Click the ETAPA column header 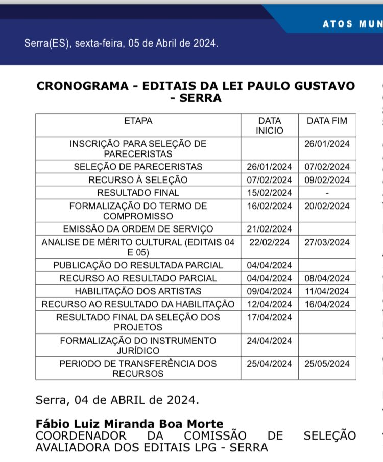click(x=138, y=121)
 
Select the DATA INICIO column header click(x=269, y=125)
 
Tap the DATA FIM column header click(x=327, y=121)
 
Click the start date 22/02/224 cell click(x=269, y=242)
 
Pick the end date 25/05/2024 click(x=327, y=364)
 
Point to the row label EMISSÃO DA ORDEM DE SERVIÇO click(x=138, y=229)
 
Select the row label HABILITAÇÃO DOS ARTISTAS click(x=138, y=291)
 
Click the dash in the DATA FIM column click(x=327, y=193)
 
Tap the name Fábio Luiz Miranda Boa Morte click(x=130, y=424)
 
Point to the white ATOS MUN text click(x=352, y=24)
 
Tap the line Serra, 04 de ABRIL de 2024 click(x=116, y=400)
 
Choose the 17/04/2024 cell click(x=269, y=317)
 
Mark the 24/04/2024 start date click(x=269, y=340)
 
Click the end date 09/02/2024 click(x=327, y=180)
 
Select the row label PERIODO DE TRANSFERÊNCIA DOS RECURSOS click(x=138, y=368)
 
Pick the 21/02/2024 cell click(x=269, y=229)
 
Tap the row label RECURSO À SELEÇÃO click(x=138, y=180)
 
